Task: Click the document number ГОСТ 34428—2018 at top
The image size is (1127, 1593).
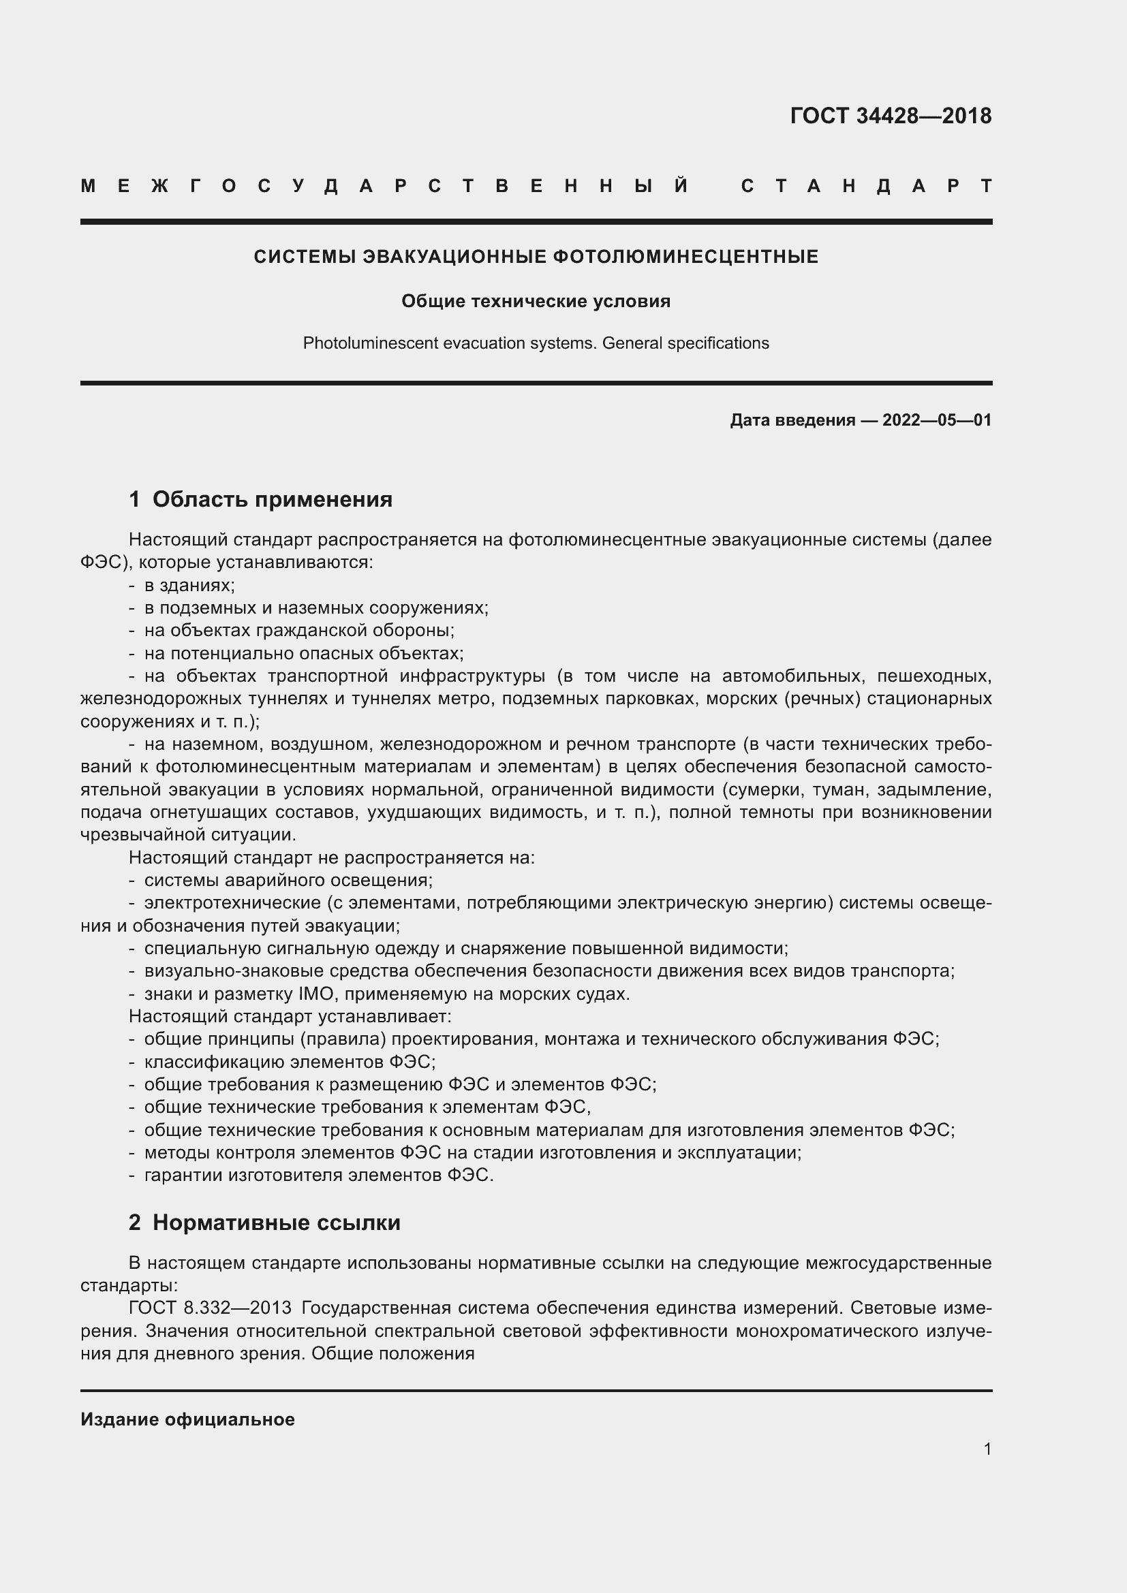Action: pyautogui.click(x=891, y=116)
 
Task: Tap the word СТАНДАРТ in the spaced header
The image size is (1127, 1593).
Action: pyautogui.click(x=866, y=186)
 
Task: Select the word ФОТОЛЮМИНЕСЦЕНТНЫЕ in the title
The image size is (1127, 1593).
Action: pyautogui.click(x=685, y=257)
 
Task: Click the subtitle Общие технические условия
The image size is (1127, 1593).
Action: pyautogui.click(x=536, y=301)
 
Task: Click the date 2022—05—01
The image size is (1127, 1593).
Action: pyautogui.click(x=936, y=420)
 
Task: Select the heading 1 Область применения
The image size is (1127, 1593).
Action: pyautogui.click(x=261, y=499)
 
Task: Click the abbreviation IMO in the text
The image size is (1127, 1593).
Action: pyautogui.click(x=317, y=994)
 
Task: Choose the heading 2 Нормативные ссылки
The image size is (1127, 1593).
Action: pyautogui.click(x=264, y=1223)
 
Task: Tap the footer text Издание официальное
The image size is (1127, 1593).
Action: pyautogui.click(x=187, y=1419)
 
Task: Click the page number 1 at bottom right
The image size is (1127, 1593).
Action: pyautogui.click(x=987, y=1449)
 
